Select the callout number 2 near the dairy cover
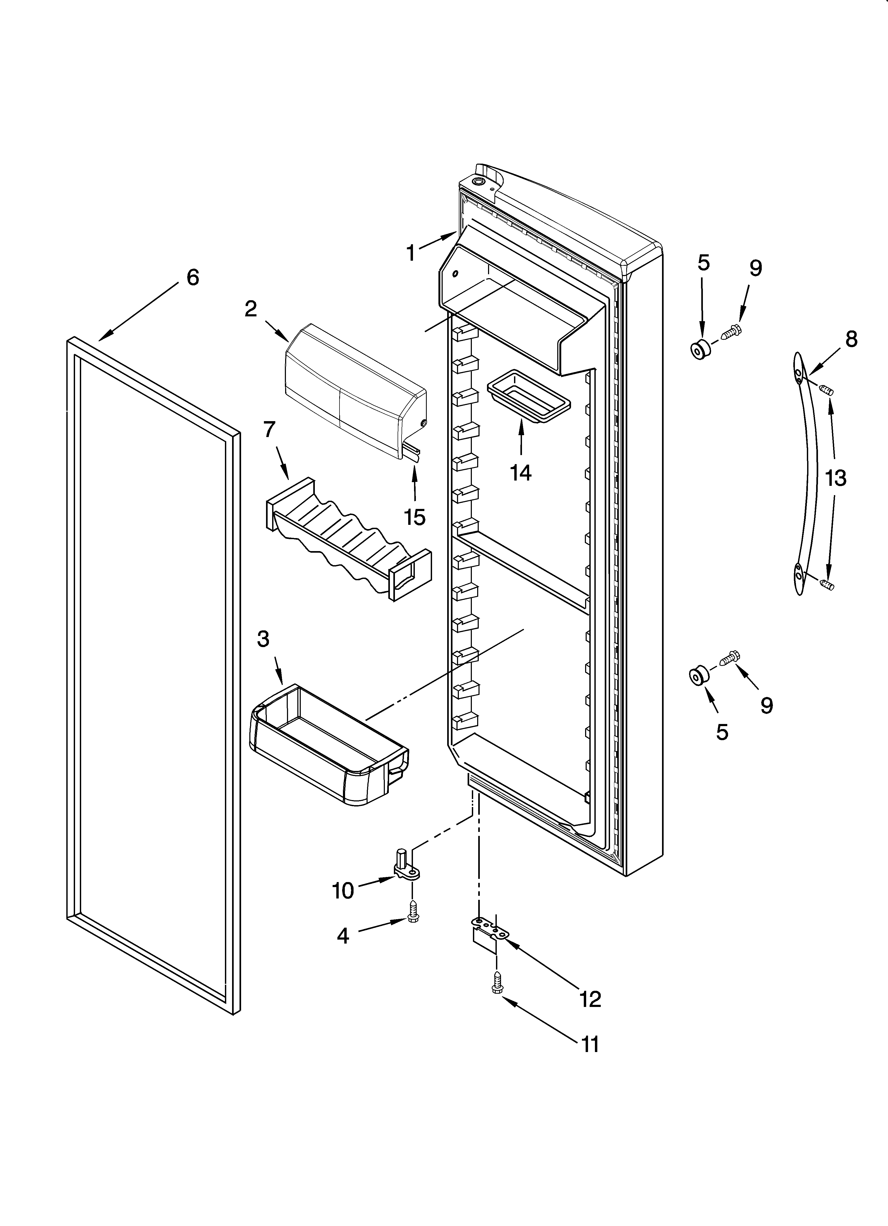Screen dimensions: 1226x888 click(x=250, y=309)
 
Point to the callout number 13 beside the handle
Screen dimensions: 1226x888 click(x=835, y=478)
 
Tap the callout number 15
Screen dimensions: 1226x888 click(x=415, y=517)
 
